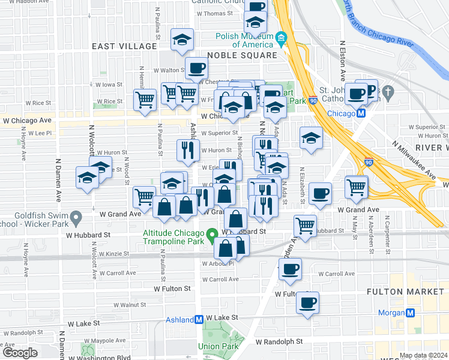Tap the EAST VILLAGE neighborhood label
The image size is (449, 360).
point(124,46)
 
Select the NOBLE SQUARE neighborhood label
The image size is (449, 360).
point(242,55)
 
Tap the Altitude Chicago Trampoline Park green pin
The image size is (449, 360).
point(211,233)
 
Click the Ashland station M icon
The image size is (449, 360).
point(198,320)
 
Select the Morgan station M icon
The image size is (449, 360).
point(411,313)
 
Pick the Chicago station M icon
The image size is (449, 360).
point(361,113)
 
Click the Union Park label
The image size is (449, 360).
point(218,346)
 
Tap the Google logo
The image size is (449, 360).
point(20,353)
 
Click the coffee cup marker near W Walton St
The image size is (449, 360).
point(196,68)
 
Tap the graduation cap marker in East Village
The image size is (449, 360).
point(181,39)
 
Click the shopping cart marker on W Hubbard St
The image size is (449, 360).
point(306,226)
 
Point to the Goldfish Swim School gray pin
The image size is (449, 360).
point(76,217)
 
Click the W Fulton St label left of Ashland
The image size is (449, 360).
point(172,289)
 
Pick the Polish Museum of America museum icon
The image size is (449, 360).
point(281,40)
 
